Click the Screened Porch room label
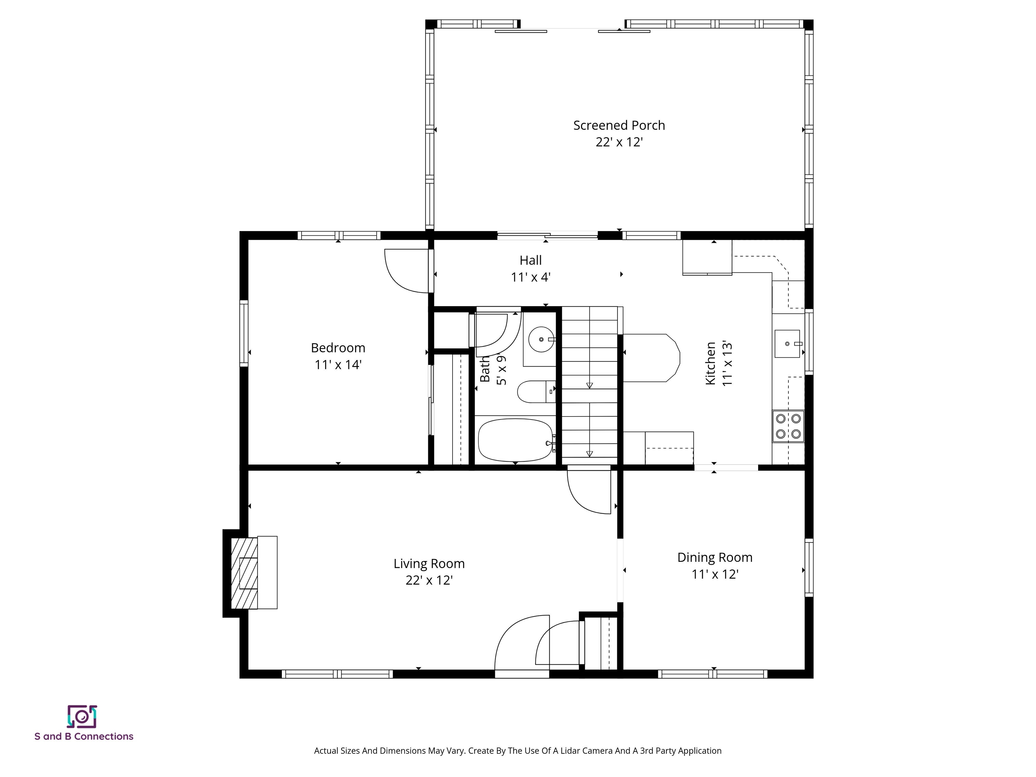point(619,125)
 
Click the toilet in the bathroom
point(534,392)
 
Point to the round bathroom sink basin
point(541,339)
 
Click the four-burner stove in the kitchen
point(788,426)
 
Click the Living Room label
point(429,564)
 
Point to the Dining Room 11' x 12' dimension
point(715,574)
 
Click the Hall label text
point(530,260)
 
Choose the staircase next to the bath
point(589,382)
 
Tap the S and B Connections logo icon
point(82,717)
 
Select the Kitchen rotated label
point(711,364)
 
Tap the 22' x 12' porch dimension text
point(619,142)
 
